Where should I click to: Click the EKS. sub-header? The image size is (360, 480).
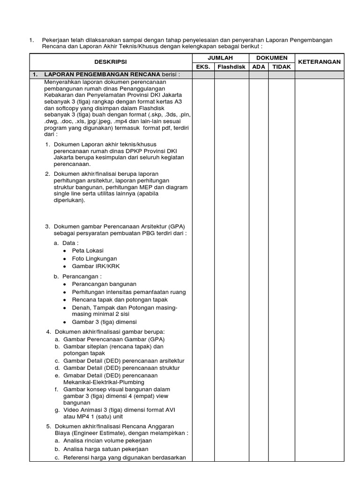[203, 67]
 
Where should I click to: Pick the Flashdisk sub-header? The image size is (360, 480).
[231, 67]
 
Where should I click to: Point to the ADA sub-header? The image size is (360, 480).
[258, 67]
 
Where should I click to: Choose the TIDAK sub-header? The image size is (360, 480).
[282, 67]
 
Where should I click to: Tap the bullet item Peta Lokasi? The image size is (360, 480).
[88, 251]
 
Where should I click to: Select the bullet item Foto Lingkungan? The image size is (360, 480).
[94, 258]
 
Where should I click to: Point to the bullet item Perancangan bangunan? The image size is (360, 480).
[104, 284]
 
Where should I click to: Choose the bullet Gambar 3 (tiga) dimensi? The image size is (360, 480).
[103, 322]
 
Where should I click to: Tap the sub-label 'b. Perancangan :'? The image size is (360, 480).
[77, 277]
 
